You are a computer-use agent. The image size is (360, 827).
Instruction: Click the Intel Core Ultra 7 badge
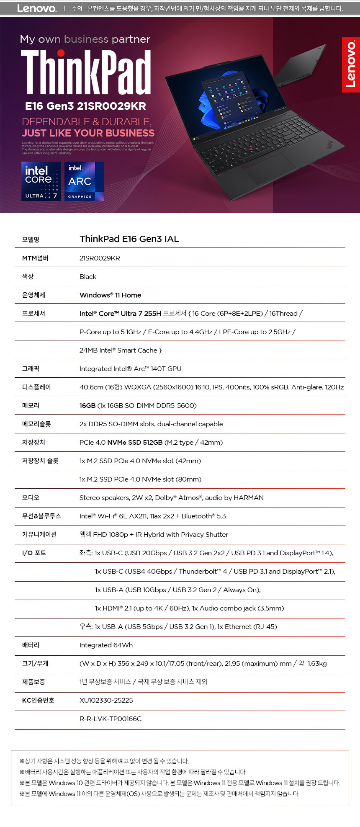click(x=41, y=181)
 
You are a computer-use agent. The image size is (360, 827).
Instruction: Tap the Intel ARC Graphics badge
click(x=84, y=181)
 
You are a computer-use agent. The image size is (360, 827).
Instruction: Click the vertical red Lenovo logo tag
click(x=350, y=64)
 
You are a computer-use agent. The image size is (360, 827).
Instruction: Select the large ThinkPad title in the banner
click(x=86, y=72)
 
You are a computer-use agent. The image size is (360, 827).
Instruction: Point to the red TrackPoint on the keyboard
click(x=251, y=149)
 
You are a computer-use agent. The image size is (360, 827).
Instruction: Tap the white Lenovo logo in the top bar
click(x=36, y=8)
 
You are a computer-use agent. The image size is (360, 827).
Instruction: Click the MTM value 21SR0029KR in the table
click(x=100, y=258)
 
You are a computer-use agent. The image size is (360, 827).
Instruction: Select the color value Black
click(x=88, y=276)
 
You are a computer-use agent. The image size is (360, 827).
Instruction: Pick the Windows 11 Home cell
click(x=110, y=295)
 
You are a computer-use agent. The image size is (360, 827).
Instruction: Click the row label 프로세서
click(x=33, y=313)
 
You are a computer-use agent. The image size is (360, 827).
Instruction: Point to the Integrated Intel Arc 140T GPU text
click(x=130, y=368)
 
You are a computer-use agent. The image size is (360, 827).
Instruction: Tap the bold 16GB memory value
click(x=87, y=405)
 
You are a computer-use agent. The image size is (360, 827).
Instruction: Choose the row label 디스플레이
click(x=36, y=387)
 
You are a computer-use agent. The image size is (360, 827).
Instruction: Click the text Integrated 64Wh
click(x=106, y=645)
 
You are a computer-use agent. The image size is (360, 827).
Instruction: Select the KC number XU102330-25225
click(x=106, y=700)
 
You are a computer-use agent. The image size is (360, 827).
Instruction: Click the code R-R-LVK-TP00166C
click(x=111, y=719)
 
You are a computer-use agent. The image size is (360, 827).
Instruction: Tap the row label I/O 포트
click(x=34, y=553)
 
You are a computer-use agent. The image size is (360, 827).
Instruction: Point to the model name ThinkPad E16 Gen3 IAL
click(x=129, y=239)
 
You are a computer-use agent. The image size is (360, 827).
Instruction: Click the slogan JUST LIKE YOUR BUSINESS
click(x=88, y=133)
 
